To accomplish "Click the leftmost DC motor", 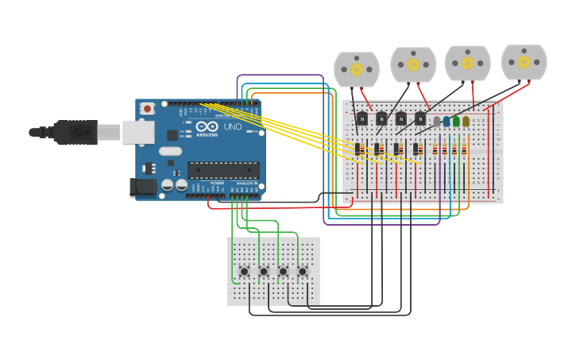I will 357,69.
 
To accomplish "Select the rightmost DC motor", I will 524,62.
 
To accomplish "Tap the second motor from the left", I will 413,64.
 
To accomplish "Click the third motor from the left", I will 467,63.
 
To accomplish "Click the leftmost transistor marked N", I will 362,119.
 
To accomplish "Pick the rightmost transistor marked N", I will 420,119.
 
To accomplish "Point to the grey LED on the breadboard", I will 436,122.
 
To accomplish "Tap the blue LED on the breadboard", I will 446,122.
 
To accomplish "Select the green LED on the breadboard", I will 456,122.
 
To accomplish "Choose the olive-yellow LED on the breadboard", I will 466,122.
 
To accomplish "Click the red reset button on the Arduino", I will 147,109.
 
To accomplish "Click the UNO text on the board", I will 233,127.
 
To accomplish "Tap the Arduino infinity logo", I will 207,127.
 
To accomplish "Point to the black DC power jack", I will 143,187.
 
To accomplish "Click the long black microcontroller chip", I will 223,170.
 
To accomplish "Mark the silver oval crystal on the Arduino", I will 170,151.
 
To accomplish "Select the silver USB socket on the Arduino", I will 137,132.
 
